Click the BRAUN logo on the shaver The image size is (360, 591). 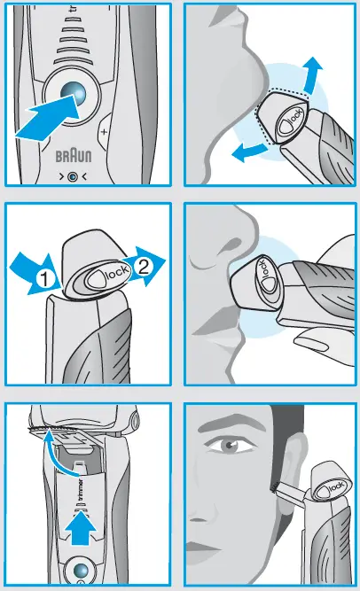coord(74,156)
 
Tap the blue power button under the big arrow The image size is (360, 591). coord(73,92)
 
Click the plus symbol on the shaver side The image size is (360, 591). coord(104,132)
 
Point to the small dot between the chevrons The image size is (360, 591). coord(73,176)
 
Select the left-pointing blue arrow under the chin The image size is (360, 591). coord(249,152)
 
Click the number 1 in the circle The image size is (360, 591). coord(44,280)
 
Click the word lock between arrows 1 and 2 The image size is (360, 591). coord(117,273)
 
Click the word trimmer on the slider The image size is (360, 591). coord(80,490)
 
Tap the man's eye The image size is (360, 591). coord(228,446)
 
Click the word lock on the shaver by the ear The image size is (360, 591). coord(335,487)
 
